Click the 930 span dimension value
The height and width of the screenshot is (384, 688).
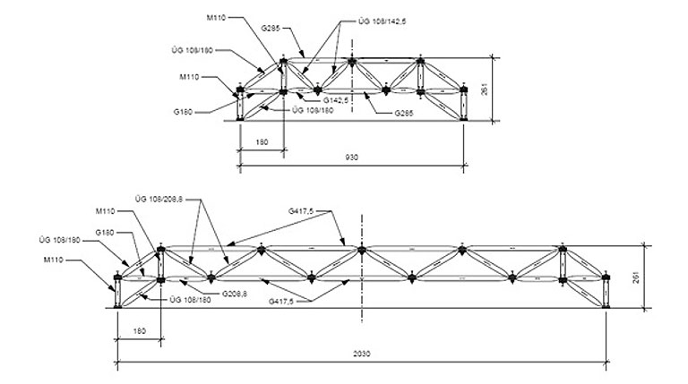click(351, 158)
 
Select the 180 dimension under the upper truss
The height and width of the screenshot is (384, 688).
click(262, 141)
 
